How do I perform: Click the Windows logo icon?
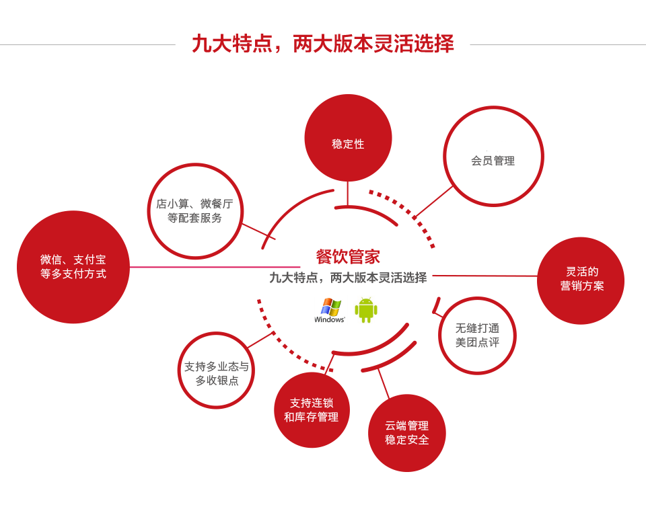330,310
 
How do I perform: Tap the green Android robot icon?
365,310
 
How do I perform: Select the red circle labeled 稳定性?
348,138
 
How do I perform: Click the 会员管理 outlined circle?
493,156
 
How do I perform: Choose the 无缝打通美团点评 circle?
477,336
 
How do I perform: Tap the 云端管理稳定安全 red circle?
407,432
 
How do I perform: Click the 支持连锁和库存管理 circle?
312,409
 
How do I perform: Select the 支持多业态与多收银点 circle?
216,370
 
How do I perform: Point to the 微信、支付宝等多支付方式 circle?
73,267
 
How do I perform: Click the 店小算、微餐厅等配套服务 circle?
195,210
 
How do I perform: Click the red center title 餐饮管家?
348,256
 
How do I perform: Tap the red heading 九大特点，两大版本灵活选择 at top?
323,44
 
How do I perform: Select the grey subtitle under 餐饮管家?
348,277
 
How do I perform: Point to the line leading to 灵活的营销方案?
485,275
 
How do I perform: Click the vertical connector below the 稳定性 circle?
347,194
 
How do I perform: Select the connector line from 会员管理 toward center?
434,201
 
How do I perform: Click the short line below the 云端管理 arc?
383,383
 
